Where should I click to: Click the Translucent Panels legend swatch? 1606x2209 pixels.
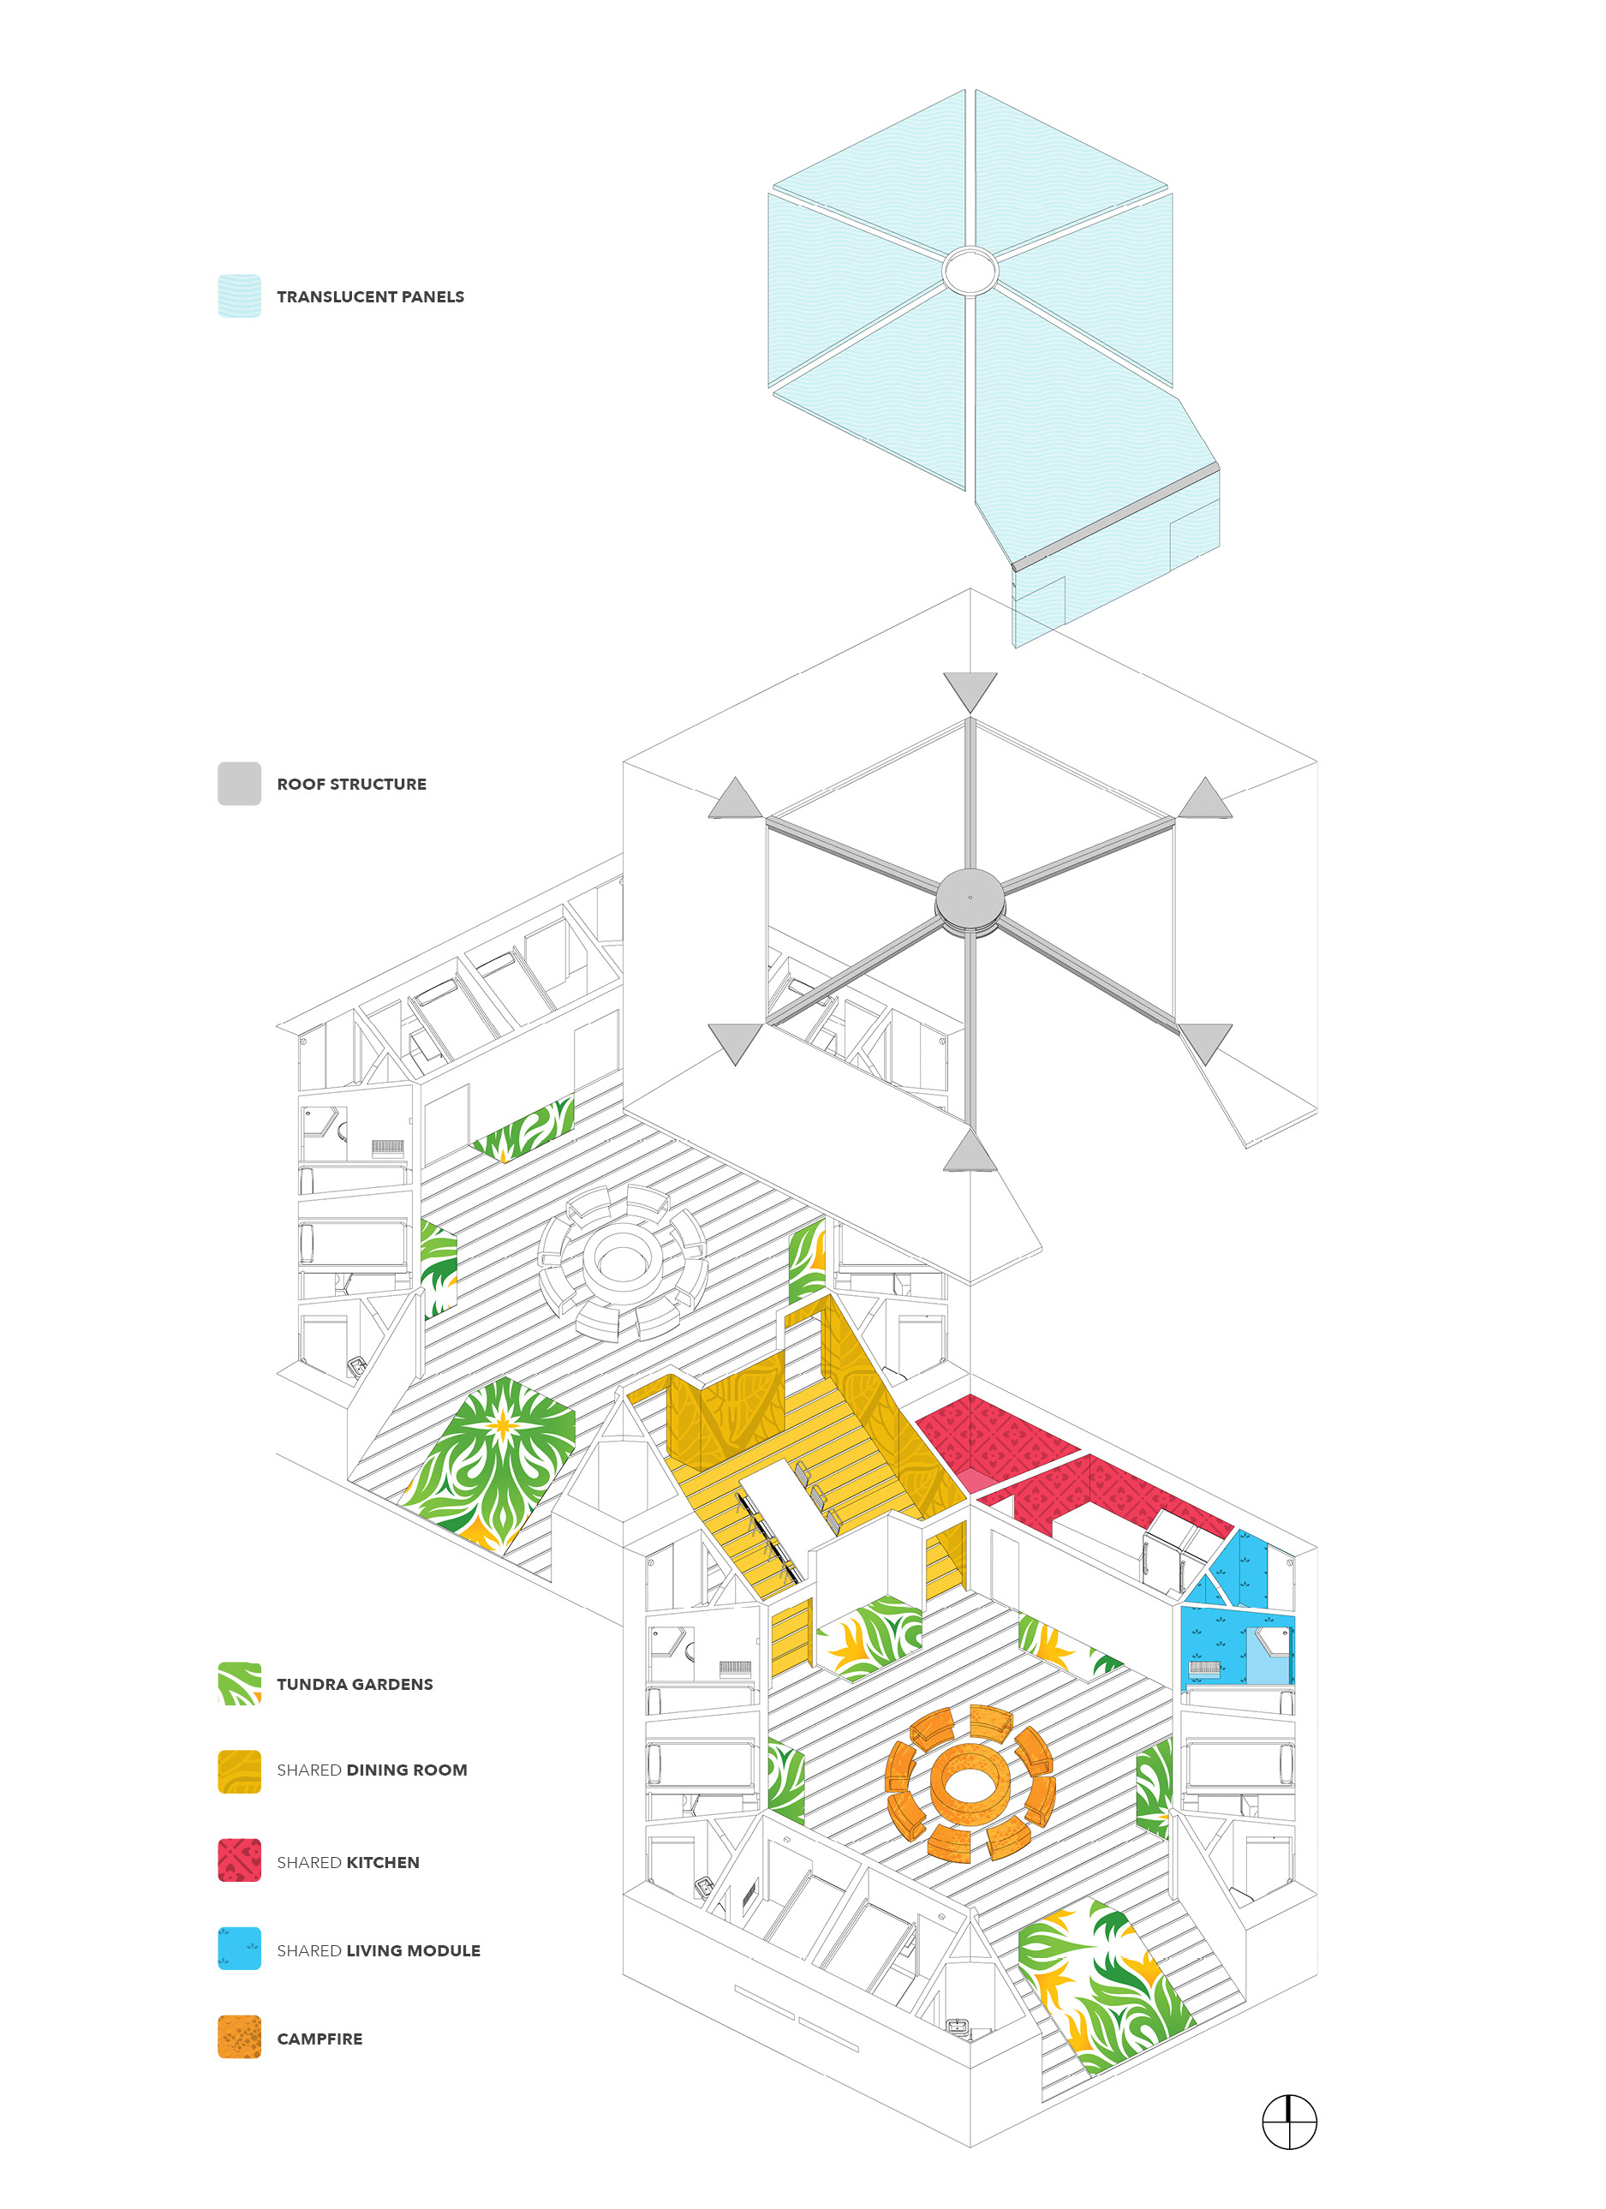pos(239,296)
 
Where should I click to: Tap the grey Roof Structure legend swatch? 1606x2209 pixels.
pos(239,783)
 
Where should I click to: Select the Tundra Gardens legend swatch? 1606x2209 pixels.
pos(239,1683)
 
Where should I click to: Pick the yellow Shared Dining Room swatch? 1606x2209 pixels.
pos(239,1770)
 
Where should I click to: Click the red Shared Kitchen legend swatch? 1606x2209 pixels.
pos(239,1860)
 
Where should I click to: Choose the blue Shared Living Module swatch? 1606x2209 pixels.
pos(239,1948)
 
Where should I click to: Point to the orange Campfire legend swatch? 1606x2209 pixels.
pos(239,2037)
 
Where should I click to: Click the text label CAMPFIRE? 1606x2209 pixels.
pos(319,2039)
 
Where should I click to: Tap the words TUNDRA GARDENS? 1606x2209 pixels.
pos(355,1684)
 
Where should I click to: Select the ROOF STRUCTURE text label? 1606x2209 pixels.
pos(350,784)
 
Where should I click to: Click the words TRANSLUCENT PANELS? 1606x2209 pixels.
pos(370,297)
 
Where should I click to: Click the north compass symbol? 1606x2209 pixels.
pos(1288,2122)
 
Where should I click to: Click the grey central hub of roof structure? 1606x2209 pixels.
pos(970,898)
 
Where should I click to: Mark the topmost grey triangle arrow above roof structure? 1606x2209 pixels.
pos(970,690)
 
